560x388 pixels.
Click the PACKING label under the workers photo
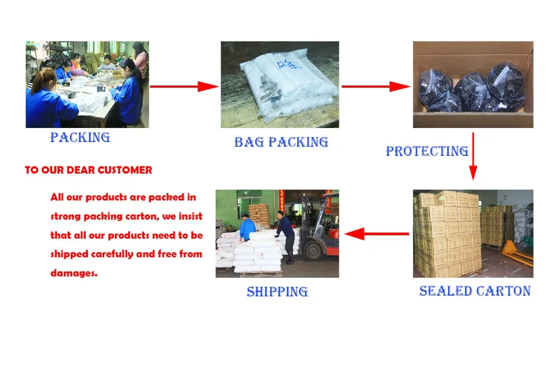(80, 137)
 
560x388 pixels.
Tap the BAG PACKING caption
(281, 142)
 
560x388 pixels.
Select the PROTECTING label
(427, 151)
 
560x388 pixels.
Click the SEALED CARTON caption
(475, 291)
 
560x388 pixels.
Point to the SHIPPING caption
(277, 291)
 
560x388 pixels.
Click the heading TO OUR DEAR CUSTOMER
(88, 170)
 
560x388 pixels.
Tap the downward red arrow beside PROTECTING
(473, 156)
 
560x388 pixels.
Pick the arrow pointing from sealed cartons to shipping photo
(375, 234)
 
